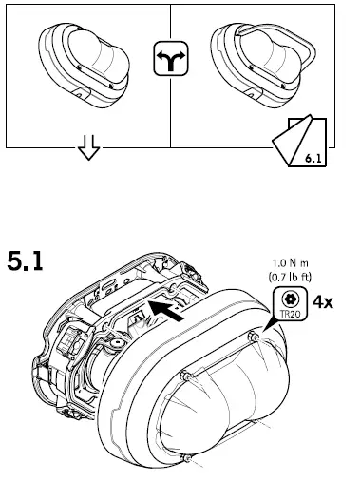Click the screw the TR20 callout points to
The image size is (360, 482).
coord(256,339)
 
